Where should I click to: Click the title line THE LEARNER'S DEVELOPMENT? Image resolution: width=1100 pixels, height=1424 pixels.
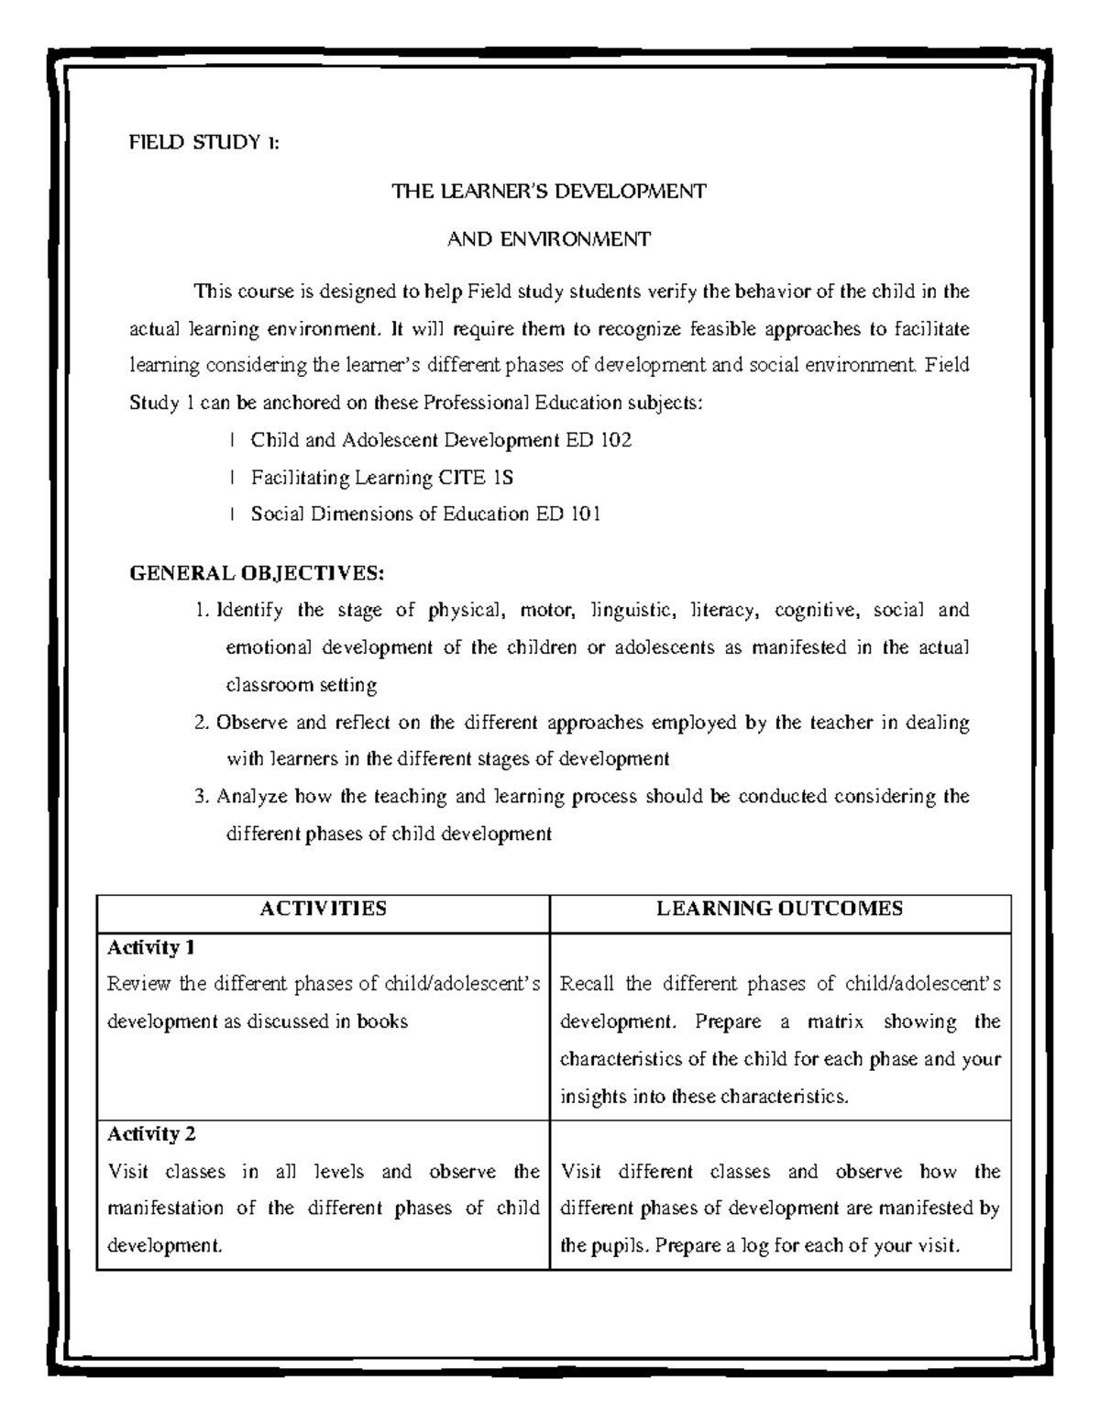click(x=549, y=192)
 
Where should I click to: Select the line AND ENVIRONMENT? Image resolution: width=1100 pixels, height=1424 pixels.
click(x=549, y=239)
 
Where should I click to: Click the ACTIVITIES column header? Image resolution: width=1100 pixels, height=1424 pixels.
click(x=323, y=909)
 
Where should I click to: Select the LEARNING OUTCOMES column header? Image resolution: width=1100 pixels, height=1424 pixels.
click(x=780, y=909)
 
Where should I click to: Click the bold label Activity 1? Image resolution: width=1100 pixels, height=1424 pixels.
click(x=150, y=946)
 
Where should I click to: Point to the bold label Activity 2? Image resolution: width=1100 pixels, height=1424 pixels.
click(x=151, y=1134)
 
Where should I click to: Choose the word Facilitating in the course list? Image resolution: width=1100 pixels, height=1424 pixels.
click(x=303, y=477)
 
